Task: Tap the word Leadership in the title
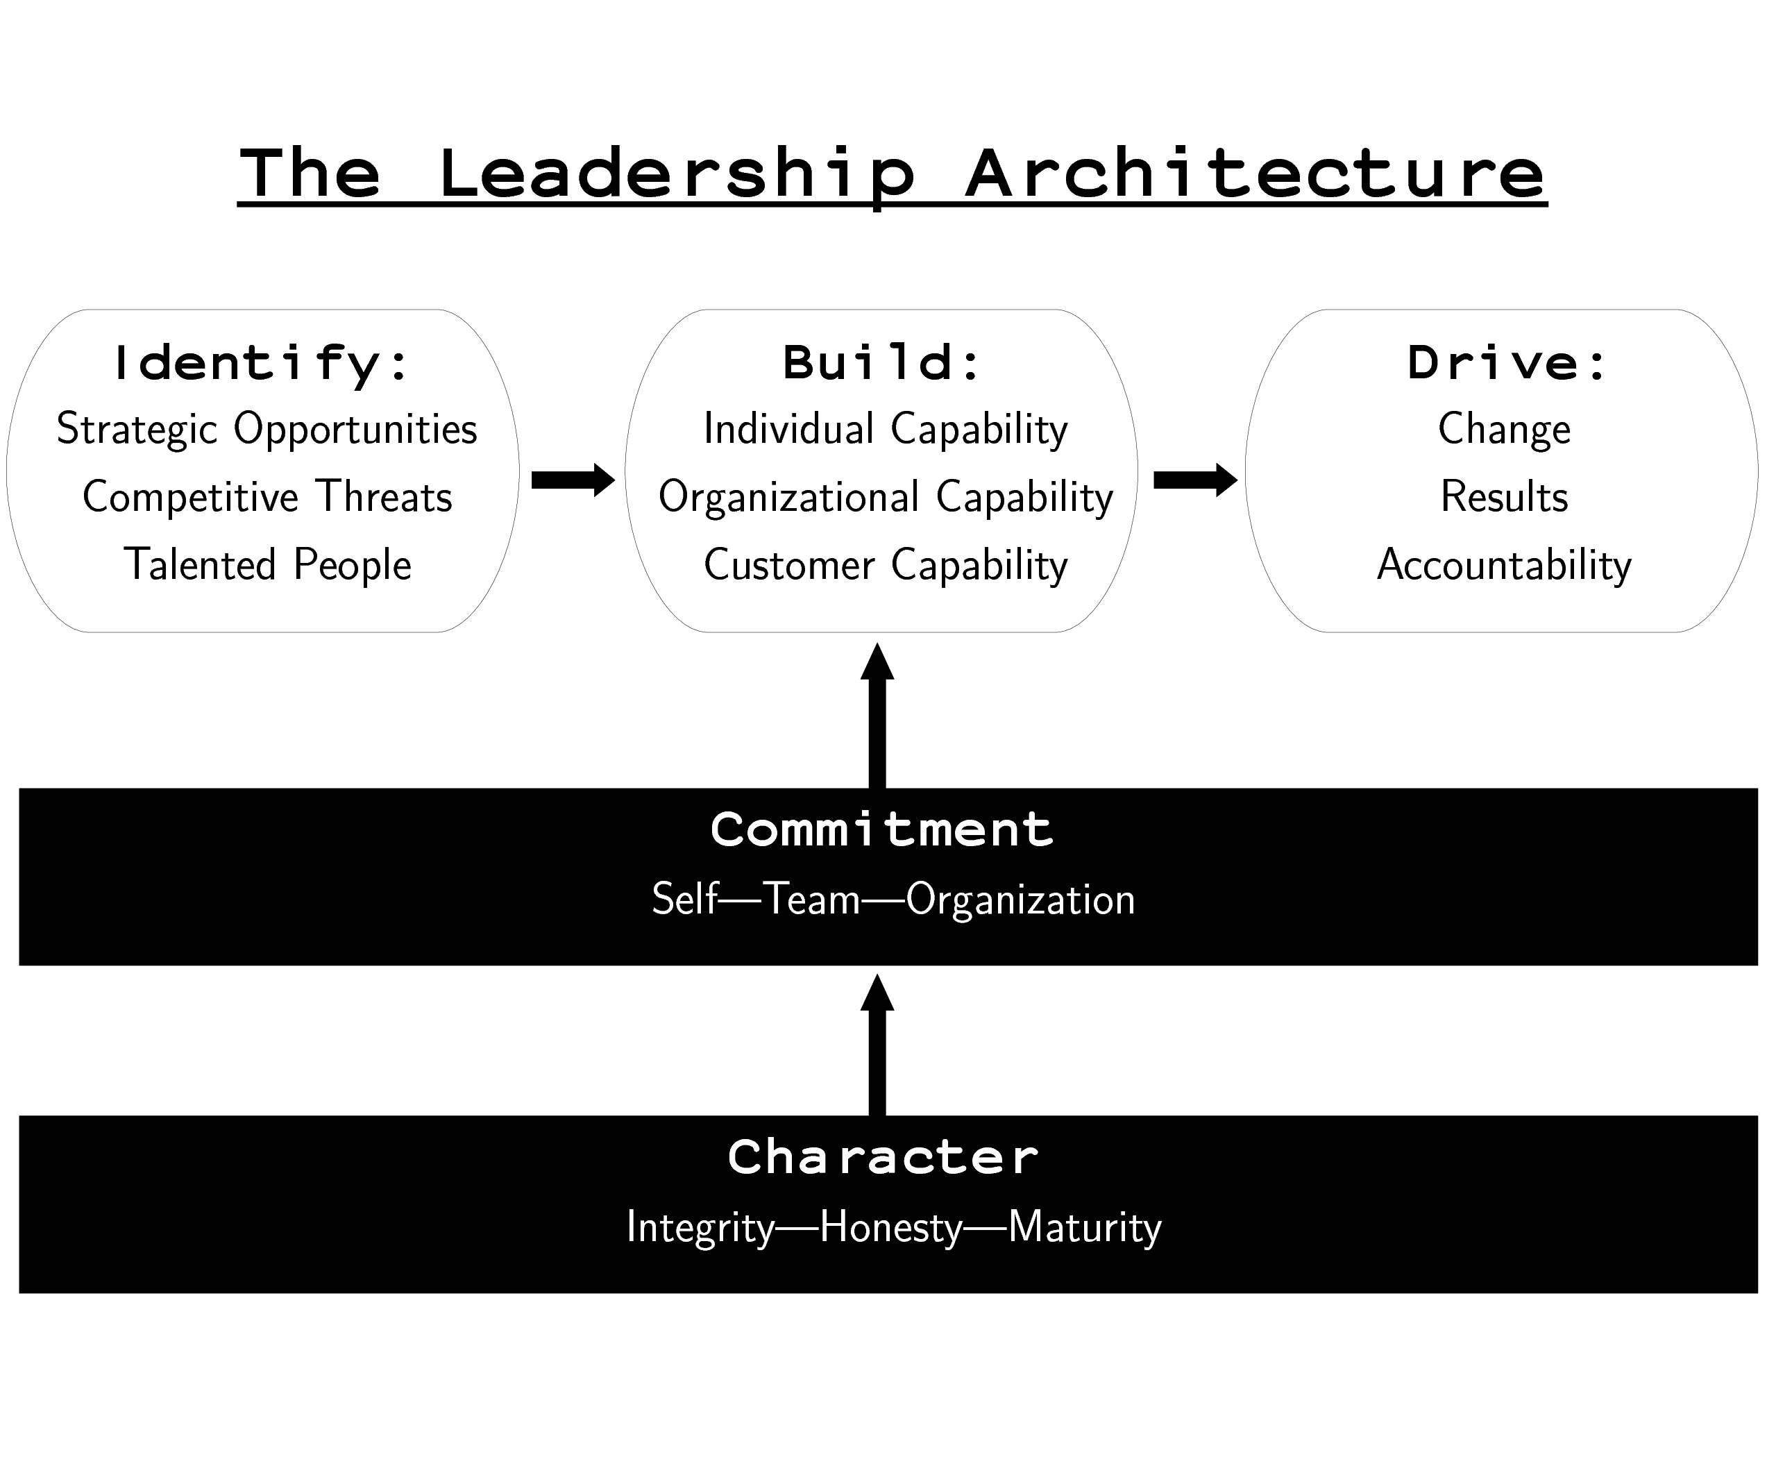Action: pos(677,175)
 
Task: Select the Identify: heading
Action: pos(262,363)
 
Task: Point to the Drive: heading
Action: pos(1507,363)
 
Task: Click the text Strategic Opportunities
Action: pos(267,429)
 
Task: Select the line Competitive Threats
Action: pos(267,496)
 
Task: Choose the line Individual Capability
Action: pos(885,429)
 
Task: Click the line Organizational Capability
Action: pos(885,496)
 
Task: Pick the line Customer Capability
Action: pos(885,564)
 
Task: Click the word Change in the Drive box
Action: pos(1504,429)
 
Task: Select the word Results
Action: pos(1504,496)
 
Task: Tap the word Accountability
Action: pos(1504,564)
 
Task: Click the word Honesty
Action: pos(890,1228)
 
